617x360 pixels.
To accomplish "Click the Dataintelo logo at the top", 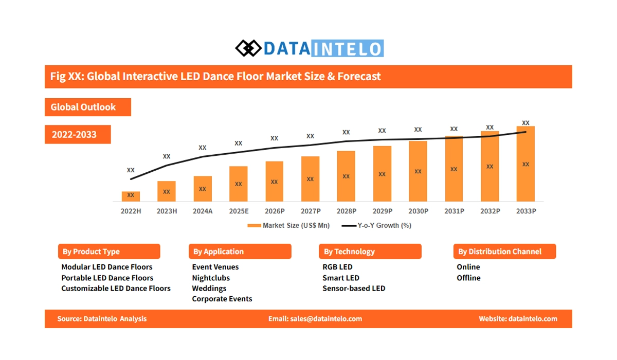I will point(309,48).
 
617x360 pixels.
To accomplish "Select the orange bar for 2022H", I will point(131,196).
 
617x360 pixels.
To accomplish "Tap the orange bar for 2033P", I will point(525,164).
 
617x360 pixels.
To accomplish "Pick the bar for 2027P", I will point(310,178).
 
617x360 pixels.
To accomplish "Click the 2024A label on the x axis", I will point(203,211).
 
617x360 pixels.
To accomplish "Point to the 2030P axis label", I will point(418,211).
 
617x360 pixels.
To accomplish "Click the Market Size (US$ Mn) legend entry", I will point(288,225).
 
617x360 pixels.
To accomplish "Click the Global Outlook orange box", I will point(87,107).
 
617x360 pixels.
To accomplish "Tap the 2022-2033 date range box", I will point(78,135).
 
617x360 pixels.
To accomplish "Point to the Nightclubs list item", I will point(211,278).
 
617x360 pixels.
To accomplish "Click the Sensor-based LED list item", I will point(354,289).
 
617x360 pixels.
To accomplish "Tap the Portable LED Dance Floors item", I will point(107,278).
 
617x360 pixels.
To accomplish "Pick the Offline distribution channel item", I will point(468,278).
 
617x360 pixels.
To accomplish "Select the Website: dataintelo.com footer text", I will point(518,319).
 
